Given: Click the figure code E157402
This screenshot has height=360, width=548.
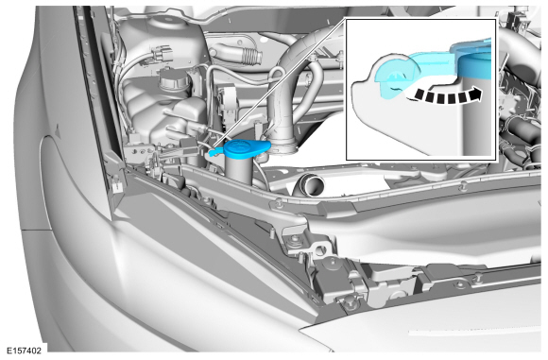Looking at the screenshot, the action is (25, 351).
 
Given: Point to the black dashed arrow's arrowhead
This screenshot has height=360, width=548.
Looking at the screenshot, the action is (475, 94).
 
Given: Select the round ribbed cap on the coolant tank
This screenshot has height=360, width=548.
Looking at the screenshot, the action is (174, 80).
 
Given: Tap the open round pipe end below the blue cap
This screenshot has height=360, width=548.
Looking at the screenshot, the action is (311, 185).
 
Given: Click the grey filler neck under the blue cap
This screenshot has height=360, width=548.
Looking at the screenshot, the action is (240, 169).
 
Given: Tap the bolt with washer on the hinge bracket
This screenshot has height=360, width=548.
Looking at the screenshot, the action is (296, 240).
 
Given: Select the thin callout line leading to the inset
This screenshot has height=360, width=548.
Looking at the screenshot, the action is (279, 84).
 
